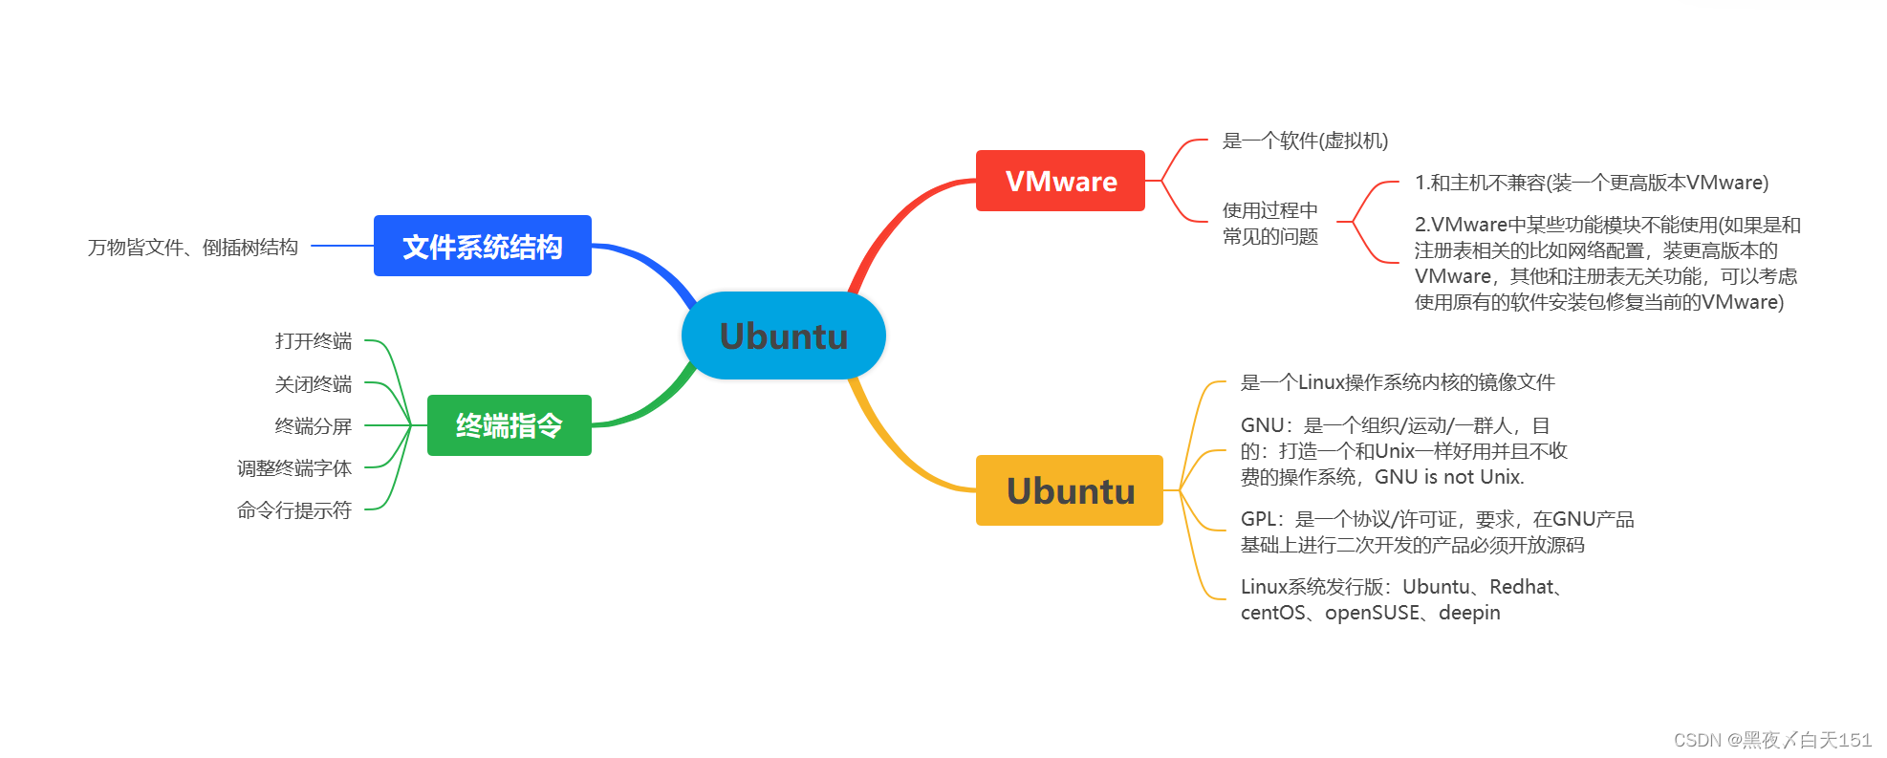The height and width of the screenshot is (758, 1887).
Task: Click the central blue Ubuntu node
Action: pyautogui.click(x=783, y=336)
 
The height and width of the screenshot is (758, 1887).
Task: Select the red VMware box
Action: pyautogui.click(x=1060, y=181)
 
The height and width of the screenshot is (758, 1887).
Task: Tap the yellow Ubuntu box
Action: pyautogui.click(x=1069, y=490)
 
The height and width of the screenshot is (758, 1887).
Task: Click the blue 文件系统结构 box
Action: pyautogui.click(x=482, y=247)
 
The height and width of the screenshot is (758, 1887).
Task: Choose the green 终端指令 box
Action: pyautogui.click(x=509, y=425)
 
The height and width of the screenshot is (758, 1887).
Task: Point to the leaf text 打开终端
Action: pyautogui.click(x=314, y=341)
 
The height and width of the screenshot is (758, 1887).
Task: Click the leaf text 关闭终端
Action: pyautogui.click(x=314, y=384)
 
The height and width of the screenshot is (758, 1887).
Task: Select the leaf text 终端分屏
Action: pyautogui.click(x=314, y=426)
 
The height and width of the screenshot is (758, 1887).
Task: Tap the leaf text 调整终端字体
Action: pyautogui.click(x=294, y=468)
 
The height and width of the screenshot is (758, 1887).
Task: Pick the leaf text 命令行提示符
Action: pyautogui.click(x=294, y=510)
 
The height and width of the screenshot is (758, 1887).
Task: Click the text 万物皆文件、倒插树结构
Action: pyautogui.click(x=193, y=248)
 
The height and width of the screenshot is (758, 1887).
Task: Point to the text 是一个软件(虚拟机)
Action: pyautogui.click(x=1305, y=141)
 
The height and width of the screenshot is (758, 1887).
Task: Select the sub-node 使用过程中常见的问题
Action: pyautogui.click(x=1270, y=223)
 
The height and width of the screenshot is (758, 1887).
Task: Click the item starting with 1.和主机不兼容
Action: pyautogui.click(x=1591, y=183)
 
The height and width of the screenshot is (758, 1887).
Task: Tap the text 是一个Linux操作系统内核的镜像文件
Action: pyautogui.click(x=1398, y=382)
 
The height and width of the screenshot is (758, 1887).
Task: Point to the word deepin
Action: pyautogui.click(x=1469, y=613)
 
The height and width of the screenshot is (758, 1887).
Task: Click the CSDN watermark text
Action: pyautogui.click(x=1772, y=740)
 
